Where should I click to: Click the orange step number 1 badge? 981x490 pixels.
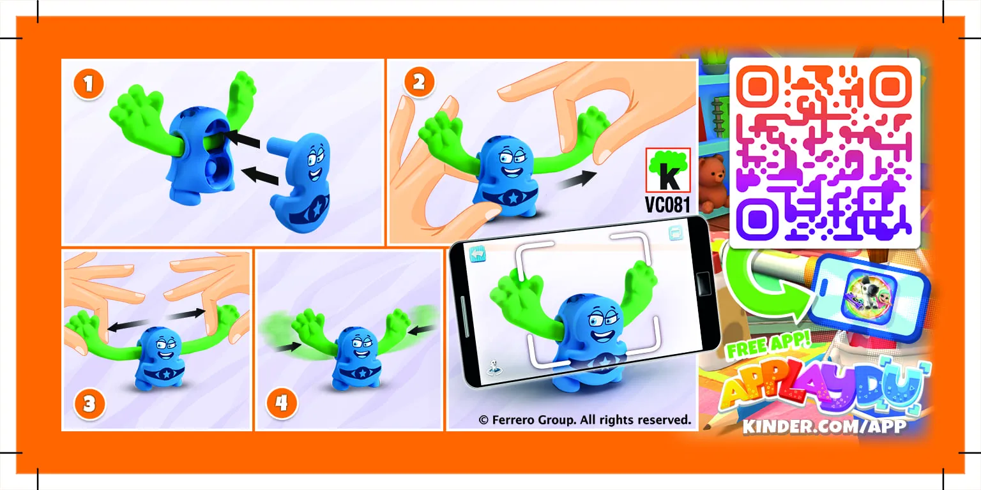89,85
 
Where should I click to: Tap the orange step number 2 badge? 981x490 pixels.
419,82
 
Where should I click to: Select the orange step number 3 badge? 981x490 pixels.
89,403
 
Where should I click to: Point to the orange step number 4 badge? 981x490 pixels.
281,403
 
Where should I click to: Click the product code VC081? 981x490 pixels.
668,205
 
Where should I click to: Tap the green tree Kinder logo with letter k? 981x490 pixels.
668,170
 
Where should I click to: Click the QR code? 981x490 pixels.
825,153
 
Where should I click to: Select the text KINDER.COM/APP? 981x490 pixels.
824,426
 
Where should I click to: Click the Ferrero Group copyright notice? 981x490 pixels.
584,420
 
